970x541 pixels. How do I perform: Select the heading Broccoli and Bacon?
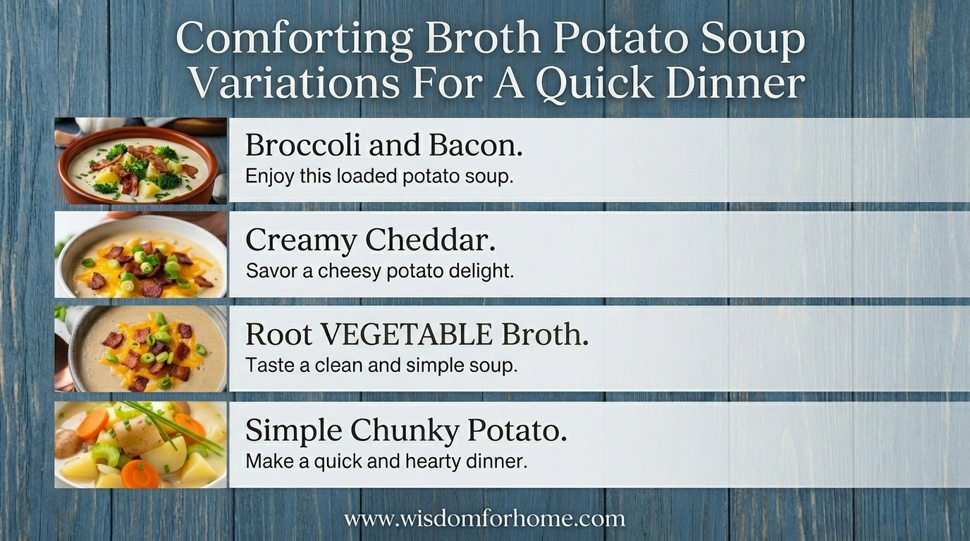point(384,145)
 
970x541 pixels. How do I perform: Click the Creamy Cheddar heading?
point(370,240)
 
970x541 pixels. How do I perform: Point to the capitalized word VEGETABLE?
point(406,335)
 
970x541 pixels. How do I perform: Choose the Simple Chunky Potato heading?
point(406,430)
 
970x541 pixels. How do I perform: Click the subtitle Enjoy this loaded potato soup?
point(379,177)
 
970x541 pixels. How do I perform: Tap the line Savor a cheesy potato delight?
point(380,271)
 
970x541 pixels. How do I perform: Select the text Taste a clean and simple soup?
point(381,366)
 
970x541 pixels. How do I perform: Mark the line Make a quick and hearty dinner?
point(386,461)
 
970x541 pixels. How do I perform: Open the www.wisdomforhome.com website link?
point(484,518)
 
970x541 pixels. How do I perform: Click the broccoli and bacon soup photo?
point(141,160)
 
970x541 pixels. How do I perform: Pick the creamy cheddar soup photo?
point(141,254)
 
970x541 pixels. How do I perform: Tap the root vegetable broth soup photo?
point(141,349)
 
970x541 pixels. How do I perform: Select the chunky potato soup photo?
point(141,444)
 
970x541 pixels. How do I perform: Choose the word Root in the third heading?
point(279,335)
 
